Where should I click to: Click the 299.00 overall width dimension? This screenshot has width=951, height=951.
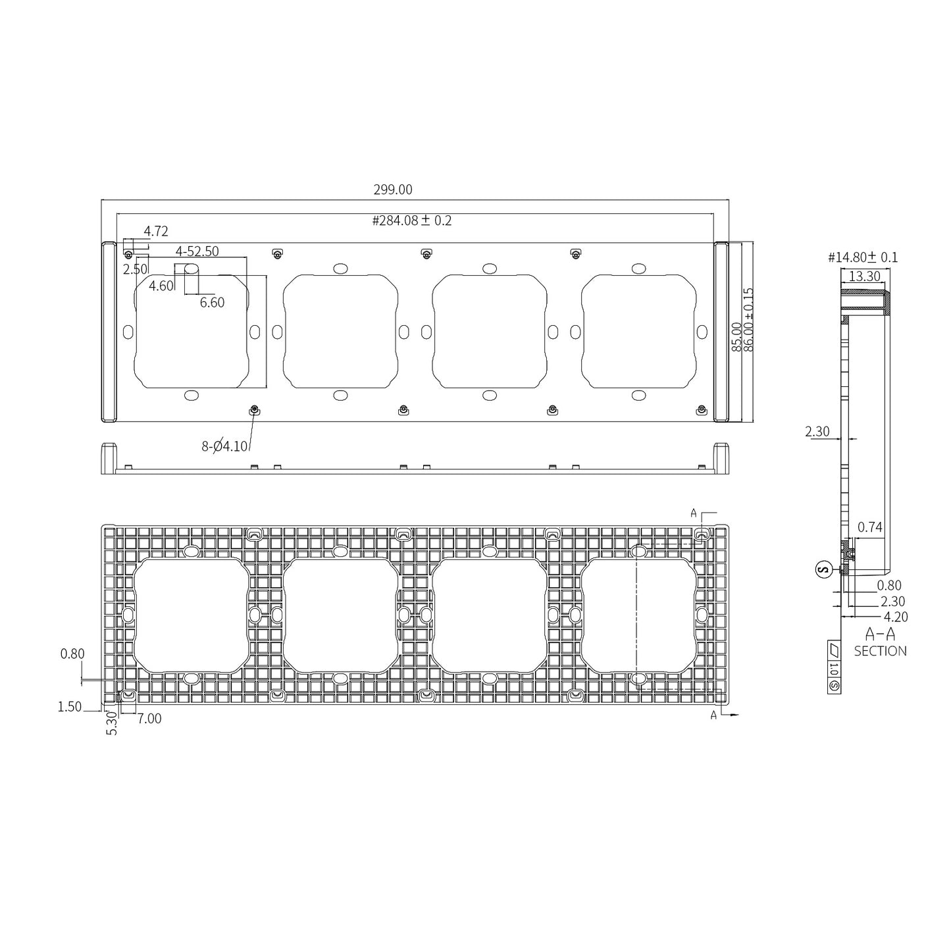[393, 190]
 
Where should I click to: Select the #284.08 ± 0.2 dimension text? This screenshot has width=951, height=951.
[412, 220]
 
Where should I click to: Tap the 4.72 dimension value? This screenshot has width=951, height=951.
[156, 231]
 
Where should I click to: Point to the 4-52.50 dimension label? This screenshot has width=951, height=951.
[197, 251]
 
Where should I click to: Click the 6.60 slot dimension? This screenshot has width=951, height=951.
[212, 302]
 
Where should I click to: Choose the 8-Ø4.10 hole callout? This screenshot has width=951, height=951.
[224, 446]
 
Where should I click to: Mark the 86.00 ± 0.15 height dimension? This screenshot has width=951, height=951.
[748, 319]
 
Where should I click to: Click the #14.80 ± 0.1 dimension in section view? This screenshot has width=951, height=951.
[863, 257]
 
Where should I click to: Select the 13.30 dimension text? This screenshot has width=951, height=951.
[864, 276]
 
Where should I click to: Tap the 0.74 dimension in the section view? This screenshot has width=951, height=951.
[870, 527]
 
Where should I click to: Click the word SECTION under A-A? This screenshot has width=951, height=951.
[880, 651]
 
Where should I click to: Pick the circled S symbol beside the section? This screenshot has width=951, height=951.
[823, 569]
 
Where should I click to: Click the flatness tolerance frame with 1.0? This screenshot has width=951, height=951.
[834, 667]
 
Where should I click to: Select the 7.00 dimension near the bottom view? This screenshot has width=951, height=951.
[149, 719]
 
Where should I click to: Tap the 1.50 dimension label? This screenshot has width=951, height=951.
[70, 707]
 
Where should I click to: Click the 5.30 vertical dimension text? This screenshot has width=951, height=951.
[112, 723]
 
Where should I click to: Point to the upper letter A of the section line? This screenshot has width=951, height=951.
[693, 513]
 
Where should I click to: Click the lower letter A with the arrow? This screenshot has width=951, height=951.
[713, 715]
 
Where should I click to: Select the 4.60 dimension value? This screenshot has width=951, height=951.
[161, 286]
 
